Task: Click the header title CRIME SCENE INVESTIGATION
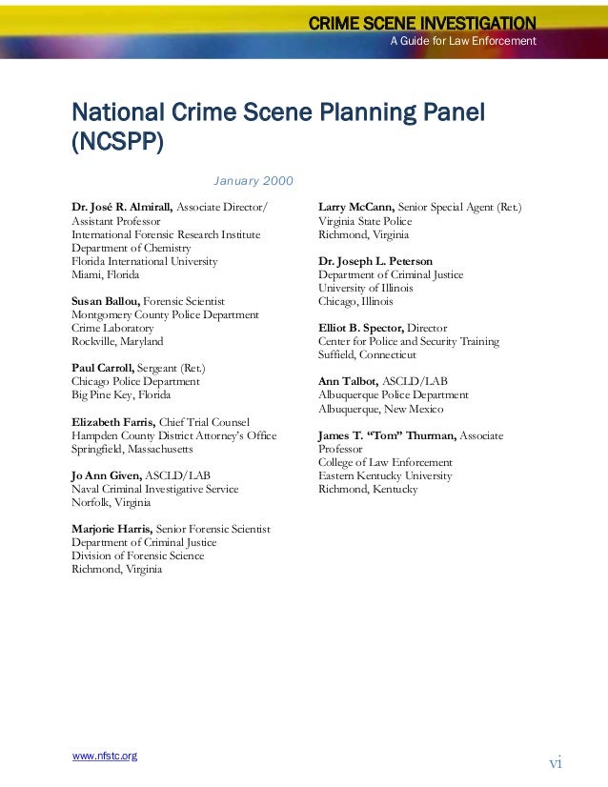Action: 422,23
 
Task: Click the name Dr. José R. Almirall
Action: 122,208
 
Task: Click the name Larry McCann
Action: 355,208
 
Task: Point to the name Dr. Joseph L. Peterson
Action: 375,261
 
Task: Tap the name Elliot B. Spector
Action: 361,328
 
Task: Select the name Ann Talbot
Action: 347,381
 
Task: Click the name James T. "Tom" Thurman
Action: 387,435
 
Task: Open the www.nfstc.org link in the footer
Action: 105,756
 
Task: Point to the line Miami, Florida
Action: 105,274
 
